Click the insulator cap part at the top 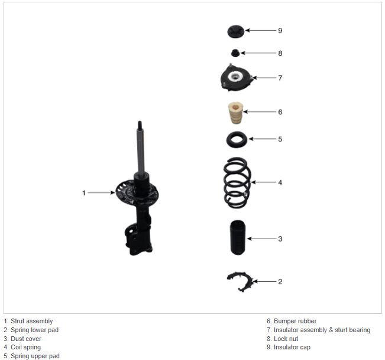tap(235, 31)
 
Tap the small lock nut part tap(235, 53)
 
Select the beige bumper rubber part tap(236, 113)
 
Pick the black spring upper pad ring tap(237, 140)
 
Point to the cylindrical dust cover tap(237, 237)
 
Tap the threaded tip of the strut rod tap(140, 124)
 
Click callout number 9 tap(280, 30)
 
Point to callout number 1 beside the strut tap(84, 193)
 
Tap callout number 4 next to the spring tap(280, 182)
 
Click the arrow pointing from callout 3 tap(261, 239)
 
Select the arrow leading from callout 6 tap(260, 112)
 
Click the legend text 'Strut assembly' tap(32, 321)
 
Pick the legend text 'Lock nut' tap(286, 339)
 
